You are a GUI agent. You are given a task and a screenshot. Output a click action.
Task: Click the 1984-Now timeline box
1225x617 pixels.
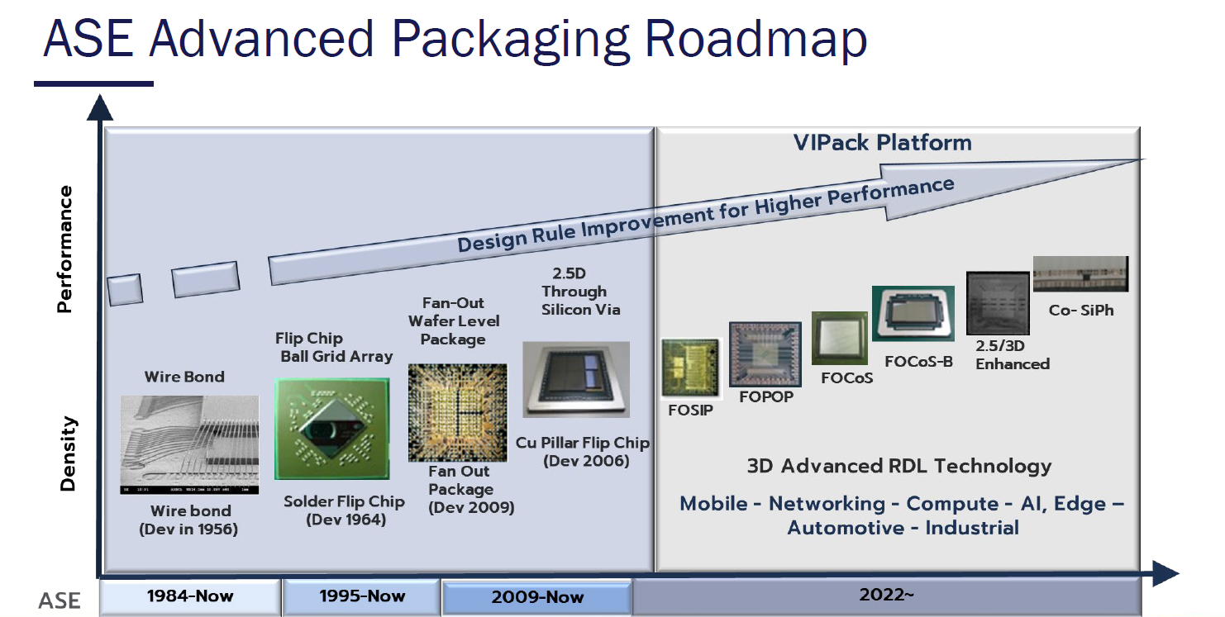point(190,596)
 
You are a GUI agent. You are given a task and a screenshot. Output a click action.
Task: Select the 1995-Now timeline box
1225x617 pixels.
point(361,596)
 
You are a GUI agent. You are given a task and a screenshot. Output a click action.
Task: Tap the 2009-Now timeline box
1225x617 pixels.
point(536,597)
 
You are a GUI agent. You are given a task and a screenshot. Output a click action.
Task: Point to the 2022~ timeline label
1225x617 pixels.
point(886,594)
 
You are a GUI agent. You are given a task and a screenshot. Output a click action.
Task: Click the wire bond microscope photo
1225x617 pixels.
point(189,445)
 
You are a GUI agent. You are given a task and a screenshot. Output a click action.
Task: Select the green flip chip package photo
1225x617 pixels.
point(332,429)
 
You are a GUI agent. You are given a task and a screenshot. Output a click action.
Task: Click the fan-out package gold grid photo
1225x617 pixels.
point(458,413)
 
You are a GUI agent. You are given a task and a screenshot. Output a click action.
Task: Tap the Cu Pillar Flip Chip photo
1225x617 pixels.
point(576,379)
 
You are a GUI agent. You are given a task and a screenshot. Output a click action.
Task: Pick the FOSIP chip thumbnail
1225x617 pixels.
point(690,368)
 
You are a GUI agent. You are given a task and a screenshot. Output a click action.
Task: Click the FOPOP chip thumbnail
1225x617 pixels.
point(765,354)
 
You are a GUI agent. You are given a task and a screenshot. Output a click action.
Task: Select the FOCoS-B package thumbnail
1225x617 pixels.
point(913,313)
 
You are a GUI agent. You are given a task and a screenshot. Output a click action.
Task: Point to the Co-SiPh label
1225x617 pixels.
point(1081,310)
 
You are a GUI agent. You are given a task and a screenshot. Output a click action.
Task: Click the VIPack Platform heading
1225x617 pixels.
point(883,143)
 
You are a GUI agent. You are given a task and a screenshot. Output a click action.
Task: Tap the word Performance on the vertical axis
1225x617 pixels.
point(64,249)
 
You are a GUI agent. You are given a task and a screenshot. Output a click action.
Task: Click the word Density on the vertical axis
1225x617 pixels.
point(68,453)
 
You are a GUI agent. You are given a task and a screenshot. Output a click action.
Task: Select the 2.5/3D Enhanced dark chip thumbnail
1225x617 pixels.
point(998,303)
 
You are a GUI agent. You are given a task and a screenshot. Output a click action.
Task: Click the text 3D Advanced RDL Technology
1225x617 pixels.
point(899,466)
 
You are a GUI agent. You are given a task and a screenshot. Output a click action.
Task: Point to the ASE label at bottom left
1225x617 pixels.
point(59,600)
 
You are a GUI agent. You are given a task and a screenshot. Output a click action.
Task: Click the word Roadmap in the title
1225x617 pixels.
point(755,38)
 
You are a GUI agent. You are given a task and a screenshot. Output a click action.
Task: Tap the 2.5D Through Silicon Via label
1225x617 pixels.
point(580,292)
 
